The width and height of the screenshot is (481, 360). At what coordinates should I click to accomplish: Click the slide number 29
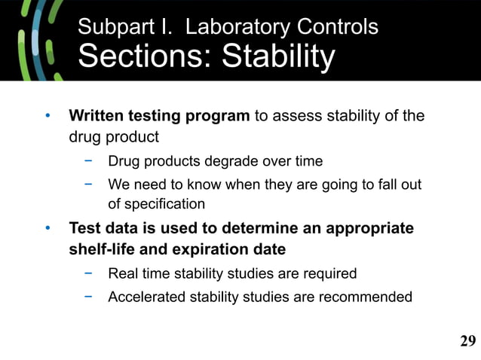[x=467, y=342]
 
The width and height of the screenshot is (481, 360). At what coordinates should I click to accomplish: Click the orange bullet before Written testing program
[x=47, y=117]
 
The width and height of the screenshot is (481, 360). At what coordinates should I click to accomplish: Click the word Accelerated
[x=144, y=297]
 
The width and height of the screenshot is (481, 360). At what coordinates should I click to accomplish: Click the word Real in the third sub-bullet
[x=123, y=273]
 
